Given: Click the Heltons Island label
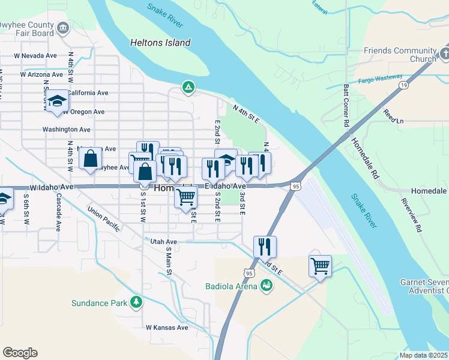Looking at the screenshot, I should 160,43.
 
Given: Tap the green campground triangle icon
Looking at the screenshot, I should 188,88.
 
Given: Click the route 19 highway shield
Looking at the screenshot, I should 401,86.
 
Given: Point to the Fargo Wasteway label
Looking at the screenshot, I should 383,80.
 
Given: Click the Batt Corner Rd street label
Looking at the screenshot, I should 346,105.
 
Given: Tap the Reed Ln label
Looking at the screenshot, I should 394,116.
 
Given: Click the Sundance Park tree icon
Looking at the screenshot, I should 137,302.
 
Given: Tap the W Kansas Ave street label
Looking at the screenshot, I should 167,328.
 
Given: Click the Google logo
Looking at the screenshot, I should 20,352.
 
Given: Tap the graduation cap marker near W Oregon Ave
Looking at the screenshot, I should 58,101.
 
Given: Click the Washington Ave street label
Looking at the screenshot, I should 66,129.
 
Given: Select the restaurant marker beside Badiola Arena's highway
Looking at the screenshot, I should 265,246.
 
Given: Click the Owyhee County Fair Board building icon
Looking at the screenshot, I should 63,28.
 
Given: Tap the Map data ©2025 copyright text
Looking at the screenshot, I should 423,355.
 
